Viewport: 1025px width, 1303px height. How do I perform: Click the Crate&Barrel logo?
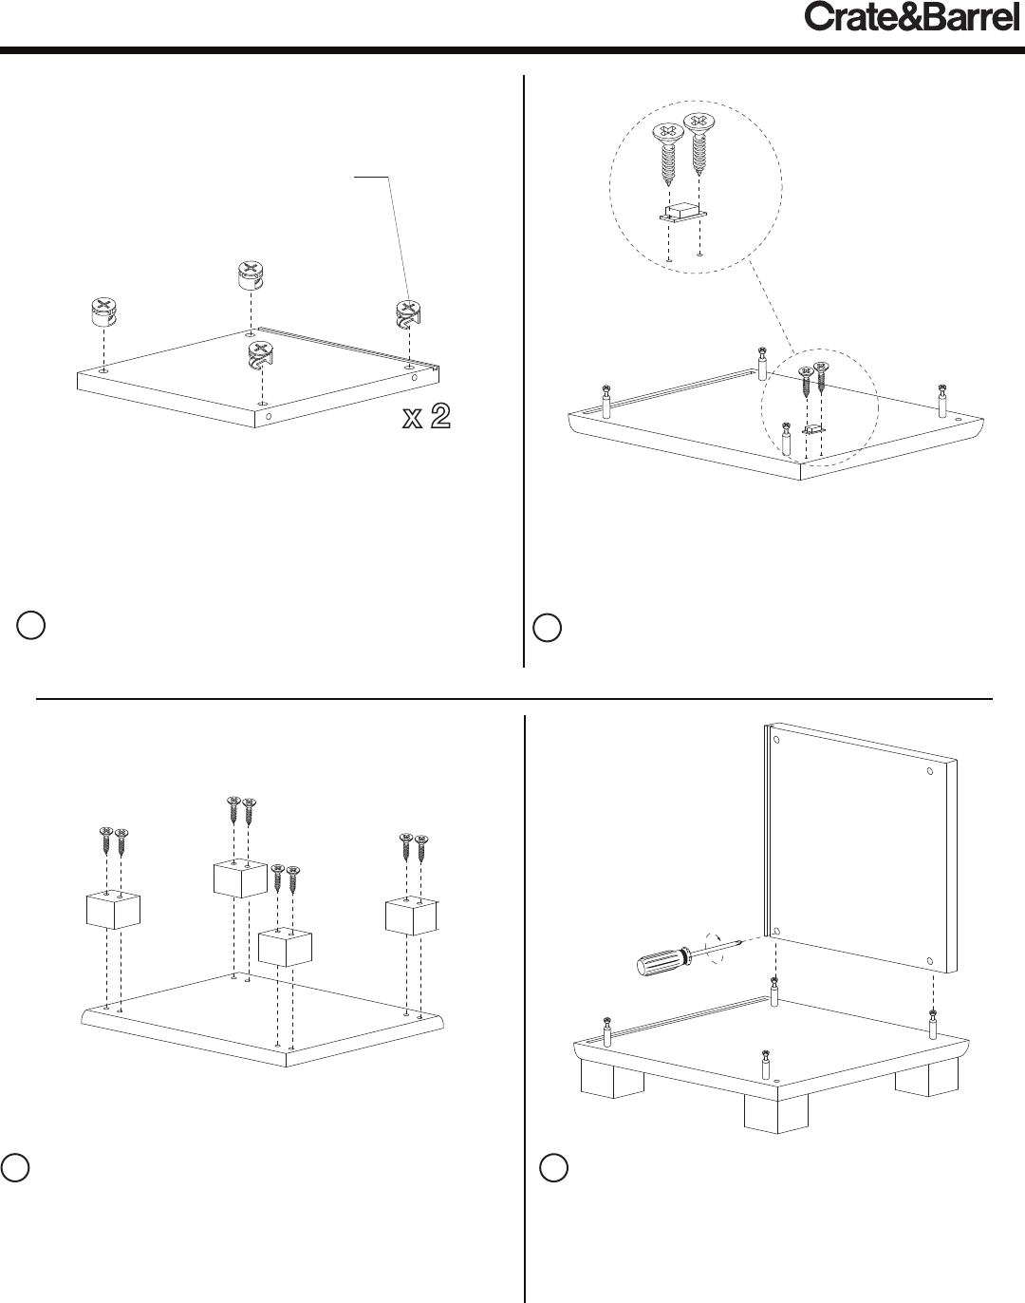[x=911, y=17]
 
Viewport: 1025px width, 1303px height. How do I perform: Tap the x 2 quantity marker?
[x=426, y=417]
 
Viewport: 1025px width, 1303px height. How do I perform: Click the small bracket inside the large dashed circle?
[x=682, y=214]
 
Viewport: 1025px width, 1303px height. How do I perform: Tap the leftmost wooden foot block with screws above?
[x=113, y=911]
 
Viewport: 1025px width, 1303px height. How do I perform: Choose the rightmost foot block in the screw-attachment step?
[x=412, y=916]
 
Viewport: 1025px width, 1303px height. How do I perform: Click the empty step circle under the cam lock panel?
[x=31, y=625]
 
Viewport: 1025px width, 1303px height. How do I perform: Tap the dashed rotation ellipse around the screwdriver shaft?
[x=716, y=948]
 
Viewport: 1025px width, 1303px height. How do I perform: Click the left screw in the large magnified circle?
[x=668, y=154]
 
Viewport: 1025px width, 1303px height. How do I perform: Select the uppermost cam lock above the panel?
[x=252, y=275]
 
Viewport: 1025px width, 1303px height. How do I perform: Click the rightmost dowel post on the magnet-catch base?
[x=942, y=401]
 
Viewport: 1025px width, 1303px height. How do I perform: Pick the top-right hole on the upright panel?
[x=930, y=771]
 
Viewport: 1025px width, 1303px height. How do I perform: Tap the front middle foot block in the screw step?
[x=285, y=948]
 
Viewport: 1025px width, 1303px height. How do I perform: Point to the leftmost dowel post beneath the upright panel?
[x=606, y=1031]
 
